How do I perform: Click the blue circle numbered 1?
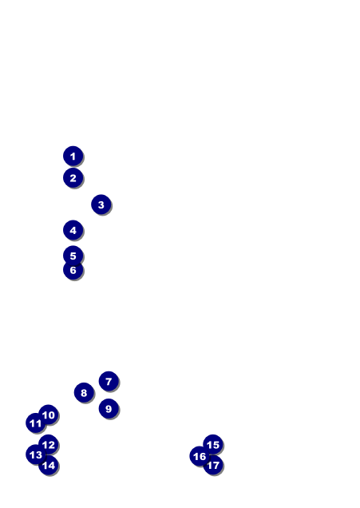point(73,156)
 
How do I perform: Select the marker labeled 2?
point(73,177)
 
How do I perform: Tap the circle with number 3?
point(101,204)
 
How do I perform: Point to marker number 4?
point(73,230)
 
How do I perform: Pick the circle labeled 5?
point(73,256)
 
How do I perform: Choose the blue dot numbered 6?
point(73,270)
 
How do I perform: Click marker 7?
point(109,381)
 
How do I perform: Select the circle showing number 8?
point(84,392)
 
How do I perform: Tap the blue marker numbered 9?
point(109,408)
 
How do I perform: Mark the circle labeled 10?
point(48,415)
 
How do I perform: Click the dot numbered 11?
point(36,423)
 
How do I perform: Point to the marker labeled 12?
point(48,444)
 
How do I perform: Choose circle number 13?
point(36,454)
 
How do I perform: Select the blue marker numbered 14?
point(48,465)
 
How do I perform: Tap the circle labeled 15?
point(212,444)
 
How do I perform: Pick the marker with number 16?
point(200,456)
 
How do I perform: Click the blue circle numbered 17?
point(212,465)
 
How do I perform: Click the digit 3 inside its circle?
point(101,204)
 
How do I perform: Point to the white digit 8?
point(84,393)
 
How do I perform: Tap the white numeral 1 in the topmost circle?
point(73,157)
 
